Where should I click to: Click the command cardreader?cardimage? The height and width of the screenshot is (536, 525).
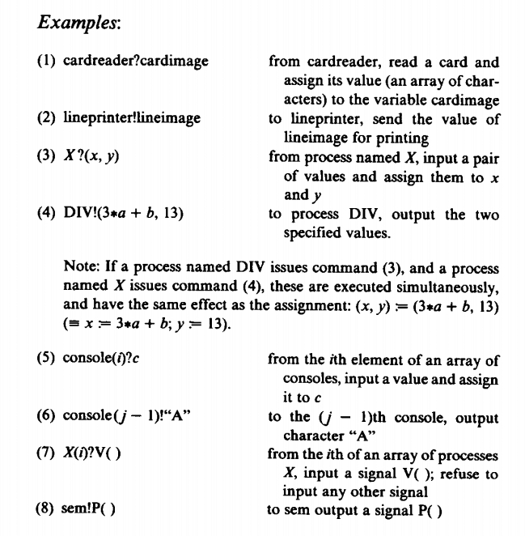click(135, 62)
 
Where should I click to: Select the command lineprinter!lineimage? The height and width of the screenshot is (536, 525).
click(131, 118)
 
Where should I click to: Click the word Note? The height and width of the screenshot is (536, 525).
click(78, 267)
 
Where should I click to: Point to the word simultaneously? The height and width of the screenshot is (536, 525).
click(446, 287)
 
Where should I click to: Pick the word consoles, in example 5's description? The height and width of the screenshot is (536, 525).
click(309, 379)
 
